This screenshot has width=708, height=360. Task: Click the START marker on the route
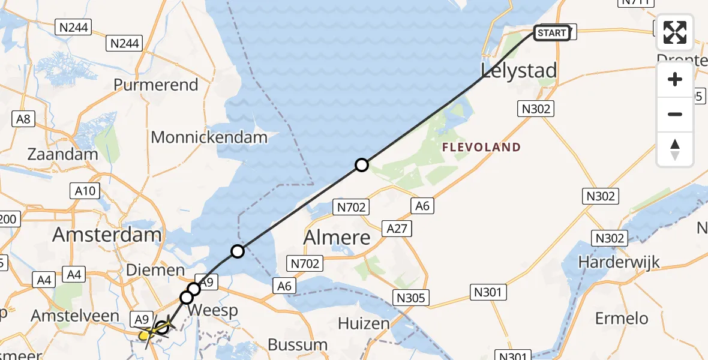coord(552,32)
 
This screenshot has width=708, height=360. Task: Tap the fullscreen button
coord(675,32)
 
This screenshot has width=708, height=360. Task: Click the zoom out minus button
coord(675,114)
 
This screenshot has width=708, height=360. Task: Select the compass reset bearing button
coord(675,149)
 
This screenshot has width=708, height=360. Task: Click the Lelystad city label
coord(519,71)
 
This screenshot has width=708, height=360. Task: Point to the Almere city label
coord(337,238)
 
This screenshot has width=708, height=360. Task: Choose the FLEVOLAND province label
coord(481,148)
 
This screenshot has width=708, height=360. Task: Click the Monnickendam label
coord(209,137)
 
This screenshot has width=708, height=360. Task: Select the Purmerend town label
coord(155,85)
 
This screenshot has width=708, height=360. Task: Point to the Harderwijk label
coord(619,262)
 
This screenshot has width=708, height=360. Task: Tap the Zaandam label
coord(62,154)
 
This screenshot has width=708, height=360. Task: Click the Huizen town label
coord(364,323)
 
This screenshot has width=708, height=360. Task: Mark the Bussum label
coord(298,345)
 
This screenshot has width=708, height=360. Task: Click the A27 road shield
coord(397,228)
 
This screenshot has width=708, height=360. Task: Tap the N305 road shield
coord(411,298)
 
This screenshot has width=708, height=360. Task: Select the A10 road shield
coord(84,191)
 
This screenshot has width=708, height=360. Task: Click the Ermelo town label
coord(622,317)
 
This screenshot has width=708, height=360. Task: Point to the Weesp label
coord(213,311)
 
